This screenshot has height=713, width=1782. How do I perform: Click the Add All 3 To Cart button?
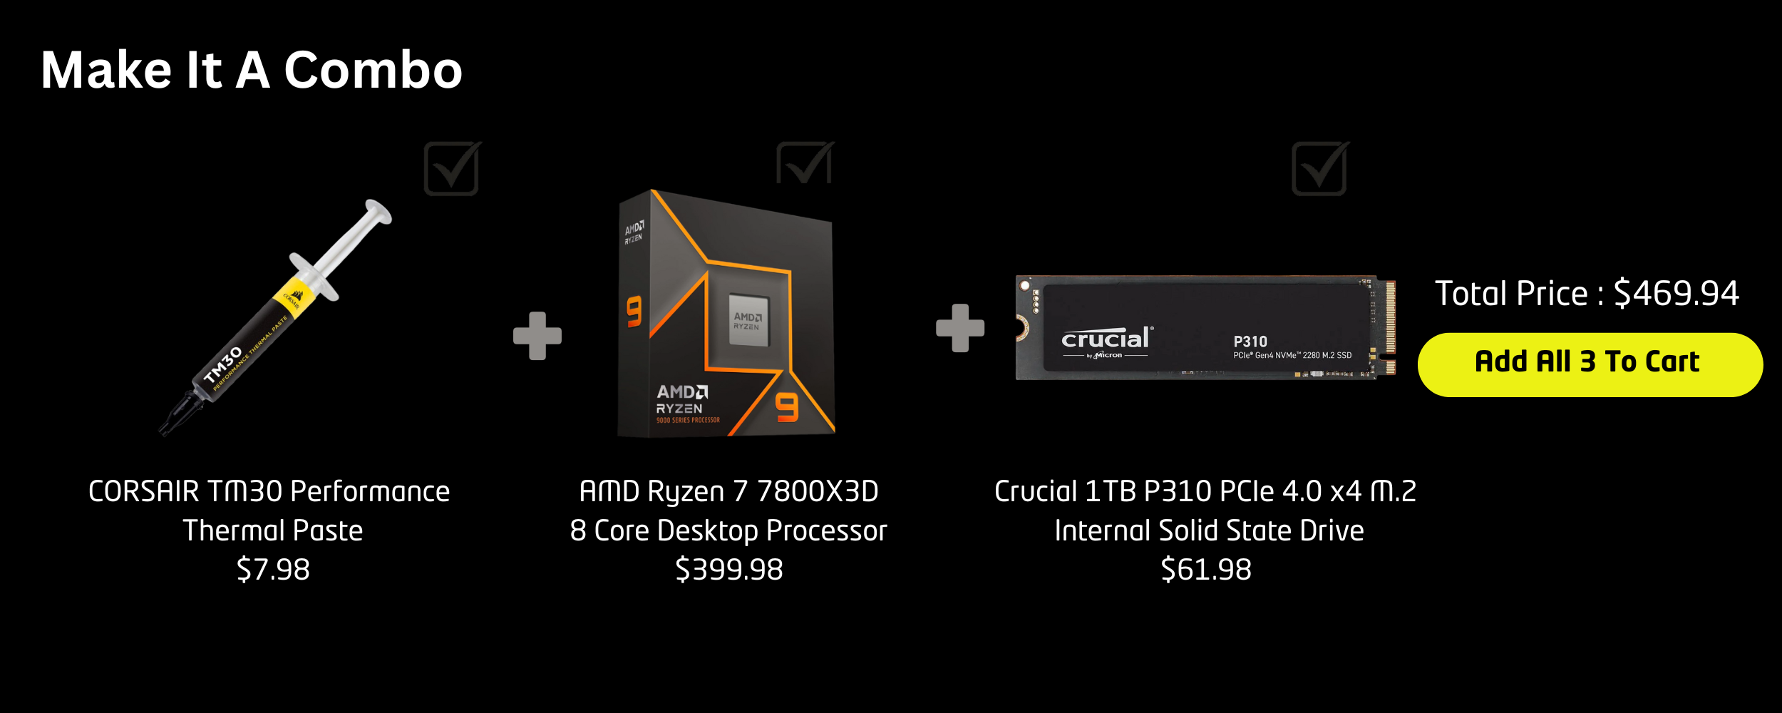point(1590,364)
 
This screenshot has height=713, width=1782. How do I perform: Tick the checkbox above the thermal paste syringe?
point(451,169)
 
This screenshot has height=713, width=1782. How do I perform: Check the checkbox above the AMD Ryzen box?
point(804,164)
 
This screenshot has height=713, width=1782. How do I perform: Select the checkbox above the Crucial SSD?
point(1319,169)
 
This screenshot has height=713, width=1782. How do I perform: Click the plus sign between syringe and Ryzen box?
point(537,336)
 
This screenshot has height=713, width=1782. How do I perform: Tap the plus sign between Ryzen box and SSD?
point(960,328)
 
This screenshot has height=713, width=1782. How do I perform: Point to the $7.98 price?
point(273,570)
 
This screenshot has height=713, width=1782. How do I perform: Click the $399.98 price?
point(728,570)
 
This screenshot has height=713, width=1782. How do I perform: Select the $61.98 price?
point(1205,570)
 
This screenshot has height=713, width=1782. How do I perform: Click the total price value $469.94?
point(1676,293)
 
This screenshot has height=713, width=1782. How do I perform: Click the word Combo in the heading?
point(373,71)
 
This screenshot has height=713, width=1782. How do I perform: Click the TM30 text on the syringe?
point(223,365)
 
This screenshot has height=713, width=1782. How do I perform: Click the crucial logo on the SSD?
point(1106,339)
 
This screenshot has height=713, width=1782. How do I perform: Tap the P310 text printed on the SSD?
point(1250,342)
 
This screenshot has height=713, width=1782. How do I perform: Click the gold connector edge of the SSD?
point(1390,327)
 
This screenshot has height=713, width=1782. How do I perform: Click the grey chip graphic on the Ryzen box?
point(748,321)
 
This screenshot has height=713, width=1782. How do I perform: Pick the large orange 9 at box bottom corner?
point(787,407)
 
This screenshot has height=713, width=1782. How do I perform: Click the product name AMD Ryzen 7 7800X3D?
point(728,491)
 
